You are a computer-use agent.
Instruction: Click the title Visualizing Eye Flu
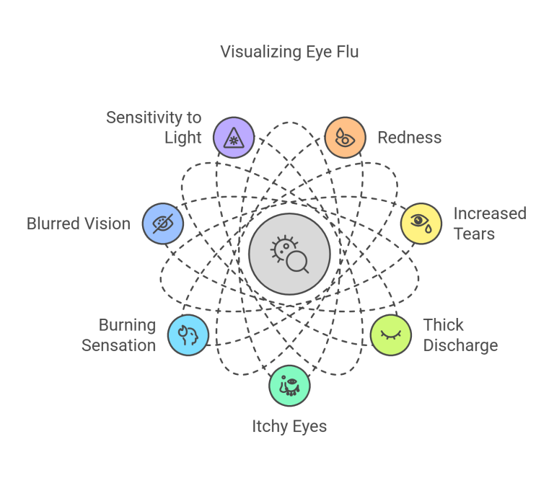point(289,52)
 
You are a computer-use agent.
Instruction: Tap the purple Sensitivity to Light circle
point(234,137)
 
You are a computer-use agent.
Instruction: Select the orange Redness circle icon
point(345,137)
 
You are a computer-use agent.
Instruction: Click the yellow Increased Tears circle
point(421,223)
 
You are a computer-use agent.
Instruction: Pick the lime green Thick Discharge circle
point(391,335)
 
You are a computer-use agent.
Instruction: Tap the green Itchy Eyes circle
point(289,386)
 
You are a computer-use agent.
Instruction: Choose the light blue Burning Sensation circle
point(188,335)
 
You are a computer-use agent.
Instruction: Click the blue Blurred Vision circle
point(163,223)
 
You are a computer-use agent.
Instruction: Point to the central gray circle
point(289,254)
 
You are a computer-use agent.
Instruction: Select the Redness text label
point(409,138)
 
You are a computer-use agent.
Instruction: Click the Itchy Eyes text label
point(289,426)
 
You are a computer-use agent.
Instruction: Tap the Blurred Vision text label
point(79,223)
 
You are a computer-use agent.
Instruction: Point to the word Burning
point(127,325)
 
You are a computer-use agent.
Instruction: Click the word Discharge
point(460,345)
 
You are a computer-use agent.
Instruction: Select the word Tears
point(474,234)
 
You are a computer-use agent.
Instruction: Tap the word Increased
point(490,213)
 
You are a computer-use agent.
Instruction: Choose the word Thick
point(443,325)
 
